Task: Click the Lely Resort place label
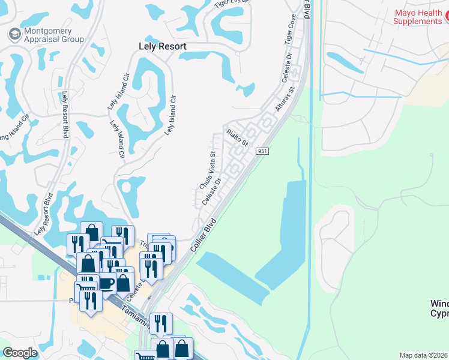pyautogui.click(x=159, y=46)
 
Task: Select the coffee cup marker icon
pyautogui.click(x=107, y=283)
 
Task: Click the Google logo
pyautogui.click(x=20, y=353)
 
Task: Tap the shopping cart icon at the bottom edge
pyautogui.click(x=145, y=356)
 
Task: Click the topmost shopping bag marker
pyautogui.click(x=91, y=232)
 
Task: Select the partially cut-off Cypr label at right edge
pyautogui.click(x=439, y=313)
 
